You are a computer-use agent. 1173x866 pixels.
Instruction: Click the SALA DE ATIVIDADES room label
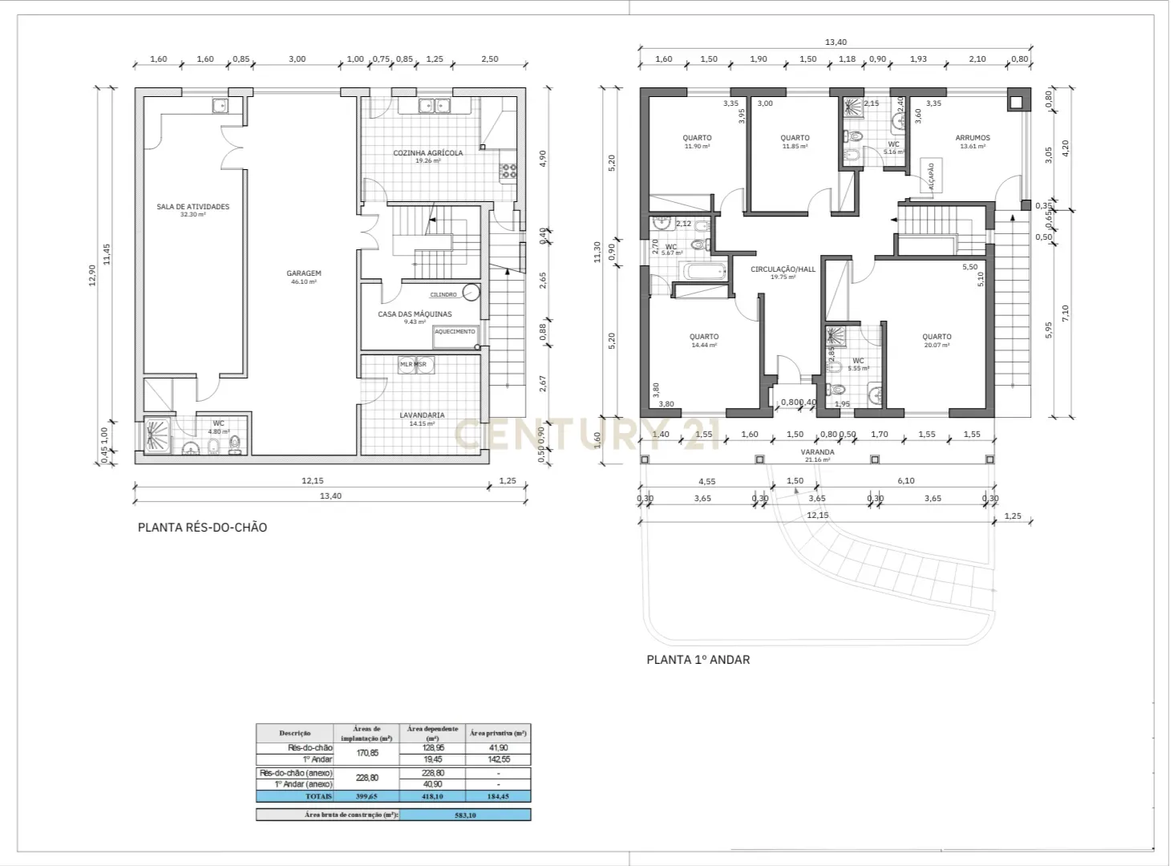[x=192, y=207]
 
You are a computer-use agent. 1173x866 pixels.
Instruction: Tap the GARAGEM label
[x=304, y=274]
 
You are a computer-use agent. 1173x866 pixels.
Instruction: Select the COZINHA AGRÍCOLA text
[x=427, y=153]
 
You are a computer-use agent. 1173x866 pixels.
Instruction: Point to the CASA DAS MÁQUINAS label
[x=415, y=314]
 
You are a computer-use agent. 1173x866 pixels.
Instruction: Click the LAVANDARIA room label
[x=422, y=415]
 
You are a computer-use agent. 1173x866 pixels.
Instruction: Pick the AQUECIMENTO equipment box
[x=455, y=332]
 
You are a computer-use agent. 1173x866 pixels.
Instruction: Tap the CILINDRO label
[x=443, y=295]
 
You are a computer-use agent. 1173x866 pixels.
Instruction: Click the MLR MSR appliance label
[x=414, y=364]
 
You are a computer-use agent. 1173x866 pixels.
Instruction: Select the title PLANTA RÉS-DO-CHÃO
[x=202, y=528]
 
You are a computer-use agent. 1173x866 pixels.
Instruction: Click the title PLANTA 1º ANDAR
[x=698, y=660]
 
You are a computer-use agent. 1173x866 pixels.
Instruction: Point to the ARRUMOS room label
[x=973, y=138]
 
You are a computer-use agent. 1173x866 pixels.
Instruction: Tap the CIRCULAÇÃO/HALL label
[x=783, y=269]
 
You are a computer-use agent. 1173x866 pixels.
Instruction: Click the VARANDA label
[x=817, y=452]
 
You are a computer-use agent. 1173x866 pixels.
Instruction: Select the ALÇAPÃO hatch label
[x=931, y=176]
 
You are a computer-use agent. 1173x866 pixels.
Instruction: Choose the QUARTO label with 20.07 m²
[x=936, y=338]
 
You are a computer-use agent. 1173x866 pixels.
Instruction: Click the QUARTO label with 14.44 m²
[x=704, y=338]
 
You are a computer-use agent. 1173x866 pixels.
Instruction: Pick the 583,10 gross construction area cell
[x=464, y=815]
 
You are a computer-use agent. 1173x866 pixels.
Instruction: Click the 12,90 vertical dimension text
[x=92, y=275]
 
